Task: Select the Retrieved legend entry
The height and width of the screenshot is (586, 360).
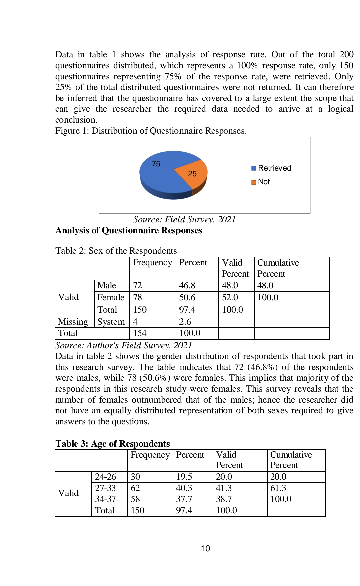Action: coord(271,168)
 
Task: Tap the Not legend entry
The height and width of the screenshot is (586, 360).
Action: coord(261,182)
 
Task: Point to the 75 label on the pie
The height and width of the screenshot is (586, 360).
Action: coord(156,164)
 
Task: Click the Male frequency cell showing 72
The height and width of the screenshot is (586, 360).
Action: coord(138,286)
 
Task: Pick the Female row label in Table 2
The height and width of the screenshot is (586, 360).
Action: coord(111,297)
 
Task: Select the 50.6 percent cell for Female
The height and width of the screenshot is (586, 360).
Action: coord(187,297)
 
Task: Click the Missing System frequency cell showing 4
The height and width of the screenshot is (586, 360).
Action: coord(135,322)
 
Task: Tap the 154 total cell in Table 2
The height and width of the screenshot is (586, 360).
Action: coord(140,333)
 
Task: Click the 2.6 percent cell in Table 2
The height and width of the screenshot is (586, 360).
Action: coord(185,322)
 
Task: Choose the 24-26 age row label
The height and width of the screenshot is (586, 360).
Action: coord(105,477)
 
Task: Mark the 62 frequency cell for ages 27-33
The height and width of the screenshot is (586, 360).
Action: coord(135,488)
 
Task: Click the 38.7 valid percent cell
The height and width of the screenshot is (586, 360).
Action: coord(224,499)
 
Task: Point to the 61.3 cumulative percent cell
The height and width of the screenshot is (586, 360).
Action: coord(278,488)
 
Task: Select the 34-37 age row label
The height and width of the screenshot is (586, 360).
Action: coord(105,499)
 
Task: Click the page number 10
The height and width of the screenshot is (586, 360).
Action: coord(205,548)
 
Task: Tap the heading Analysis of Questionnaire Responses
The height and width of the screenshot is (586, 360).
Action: coord(129,230)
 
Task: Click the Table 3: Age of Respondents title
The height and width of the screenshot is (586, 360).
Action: coord(113,443)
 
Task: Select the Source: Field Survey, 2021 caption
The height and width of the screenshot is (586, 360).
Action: coord(185,219)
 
